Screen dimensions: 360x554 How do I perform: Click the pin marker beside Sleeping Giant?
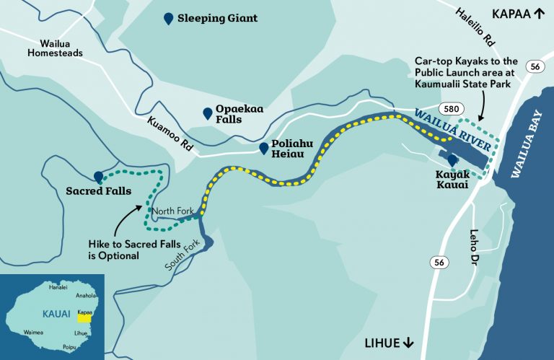point(168,19)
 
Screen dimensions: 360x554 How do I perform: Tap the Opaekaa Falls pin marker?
point(208,113)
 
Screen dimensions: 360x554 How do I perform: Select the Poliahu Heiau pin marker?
point(264,149)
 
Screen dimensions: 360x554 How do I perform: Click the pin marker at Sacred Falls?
point(98,177)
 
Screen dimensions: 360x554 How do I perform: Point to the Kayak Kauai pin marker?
point(452,160)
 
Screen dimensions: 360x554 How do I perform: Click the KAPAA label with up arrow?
point(517,14)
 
